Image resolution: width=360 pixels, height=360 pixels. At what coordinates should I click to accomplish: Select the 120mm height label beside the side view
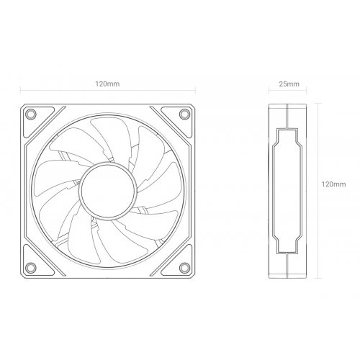(333, 185)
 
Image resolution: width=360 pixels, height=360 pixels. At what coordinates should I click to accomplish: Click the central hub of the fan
(108, 185)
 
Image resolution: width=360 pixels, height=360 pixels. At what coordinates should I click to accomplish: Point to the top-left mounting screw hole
(32, 114)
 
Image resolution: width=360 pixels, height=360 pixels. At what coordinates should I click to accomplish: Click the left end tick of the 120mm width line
(20, 93)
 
